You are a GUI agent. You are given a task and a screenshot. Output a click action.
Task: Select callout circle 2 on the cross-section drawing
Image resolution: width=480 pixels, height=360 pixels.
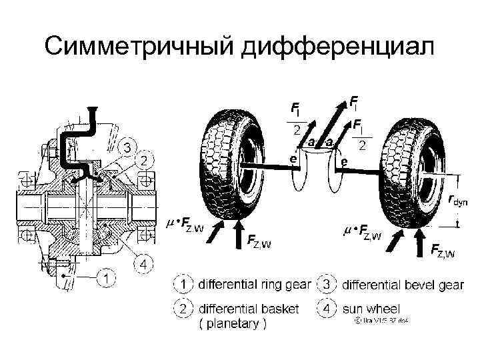point(144,160)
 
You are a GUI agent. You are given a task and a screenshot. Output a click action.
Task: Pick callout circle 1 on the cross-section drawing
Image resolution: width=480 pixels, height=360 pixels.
point(105,275)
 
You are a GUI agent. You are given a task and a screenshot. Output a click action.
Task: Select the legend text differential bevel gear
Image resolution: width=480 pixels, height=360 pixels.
point(403,285)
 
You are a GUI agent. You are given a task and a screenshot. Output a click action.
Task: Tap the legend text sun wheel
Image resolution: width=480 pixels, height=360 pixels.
point(371,309)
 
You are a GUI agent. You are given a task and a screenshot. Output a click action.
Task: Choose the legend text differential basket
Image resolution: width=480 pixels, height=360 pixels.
point(249,309)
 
